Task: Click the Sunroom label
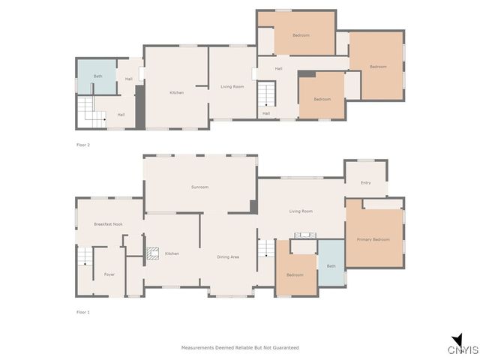pos(199,187)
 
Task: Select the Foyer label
pos(109,274)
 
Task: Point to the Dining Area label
pos(228,257)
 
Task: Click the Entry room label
pos(365,182)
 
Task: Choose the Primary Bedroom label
pos(373,239)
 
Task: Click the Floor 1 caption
pos(82,311)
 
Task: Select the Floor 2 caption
pos(82,144)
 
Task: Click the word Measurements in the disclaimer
pos(196,348)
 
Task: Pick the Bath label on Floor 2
pos(97,76)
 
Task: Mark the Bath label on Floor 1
pos(331,266)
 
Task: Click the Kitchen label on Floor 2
pos(176,92)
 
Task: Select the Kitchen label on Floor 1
pos(172,253)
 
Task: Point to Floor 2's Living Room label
pos(232,86)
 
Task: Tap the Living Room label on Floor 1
pos(301,211)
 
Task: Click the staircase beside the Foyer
pos(85,259)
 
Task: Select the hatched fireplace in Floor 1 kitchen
pos(152,253)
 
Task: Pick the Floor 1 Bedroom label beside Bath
pos(295,274)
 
